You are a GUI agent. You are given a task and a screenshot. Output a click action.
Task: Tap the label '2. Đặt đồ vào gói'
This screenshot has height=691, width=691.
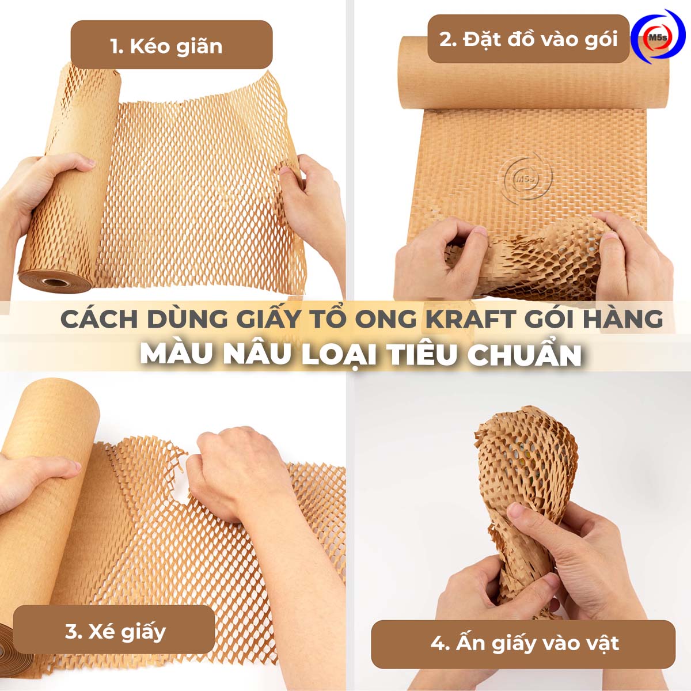pos(528,39)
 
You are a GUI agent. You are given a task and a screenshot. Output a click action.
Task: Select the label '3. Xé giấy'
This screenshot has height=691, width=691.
pos(115,631)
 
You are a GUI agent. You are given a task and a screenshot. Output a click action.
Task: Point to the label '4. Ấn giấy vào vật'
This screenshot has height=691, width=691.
pos(524,643)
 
